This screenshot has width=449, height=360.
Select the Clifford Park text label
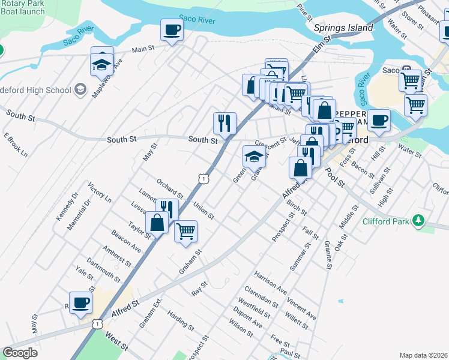[387, 221]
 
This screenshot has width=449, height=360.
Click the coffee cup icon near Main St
[172, 29]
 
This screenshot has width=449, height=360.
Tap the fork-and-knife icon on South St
[224, 124]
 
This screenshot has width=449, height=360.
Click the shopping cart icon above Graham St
[185, 230]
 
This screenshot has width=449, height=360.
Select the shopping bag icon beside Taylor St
[157, 223]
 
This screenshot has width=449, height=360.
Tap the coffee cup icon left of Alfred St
[80, 302]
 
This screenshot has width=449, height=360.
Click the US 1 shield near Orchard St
[204, 178]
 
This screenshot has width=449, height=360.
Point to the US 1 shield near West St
[97, 323]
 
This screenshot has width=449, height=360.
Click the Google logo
[20, 353]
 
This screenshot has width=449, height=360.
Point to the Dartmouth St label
[103, 271]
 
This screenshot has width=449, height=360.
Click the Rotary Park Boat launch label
[23, 7]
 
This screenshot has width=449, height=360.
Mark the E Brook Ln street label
[16, 145]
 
